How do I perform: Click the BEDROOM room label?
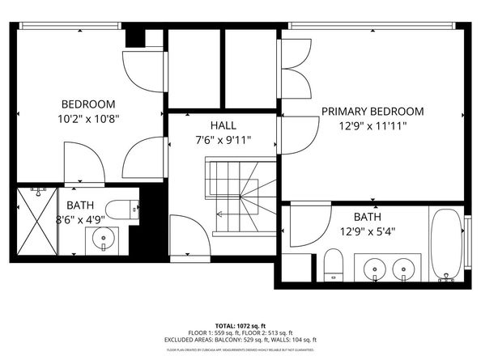point(89,104)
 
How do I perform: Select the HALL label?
point(223,125)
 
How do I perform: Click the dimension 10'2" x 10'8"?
point(89,118)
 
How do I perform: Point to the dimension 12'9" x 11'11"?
point(372,125)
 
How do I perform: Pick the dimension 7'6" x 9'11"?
point(223,139)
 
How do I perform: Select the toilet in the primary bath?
point(332,265)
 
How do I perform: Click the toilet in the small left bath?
point(122,210)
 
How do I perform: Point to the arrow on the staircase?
point(221,214)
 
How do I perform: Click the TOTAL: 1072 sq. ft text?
point(240,323)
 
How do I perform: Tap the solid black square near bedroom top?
point(134,37)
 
